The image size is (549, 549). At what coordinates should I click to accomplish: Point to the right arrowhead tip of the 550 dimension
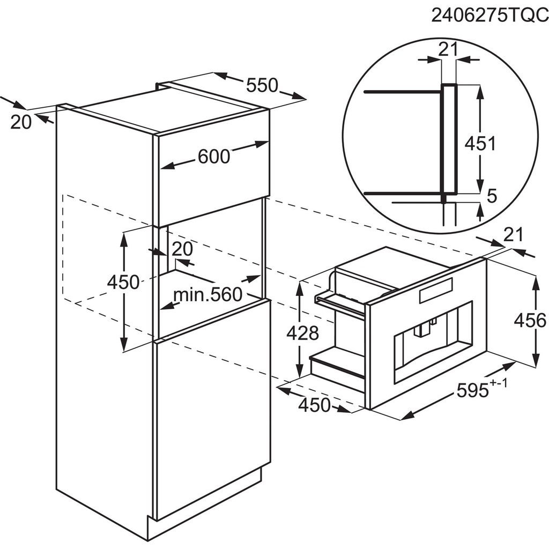click(306, 99)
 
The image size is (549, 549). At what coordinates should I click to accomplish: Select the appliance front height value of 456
click(530, 321)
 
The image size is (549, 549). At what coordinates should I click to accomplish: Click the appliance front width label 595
click(473, 390)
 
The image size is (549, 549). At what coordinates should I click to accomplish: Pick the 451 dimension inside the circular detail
click(480, 143)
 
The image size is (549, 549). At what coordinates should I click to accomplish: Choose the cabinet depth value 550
click(262, 85)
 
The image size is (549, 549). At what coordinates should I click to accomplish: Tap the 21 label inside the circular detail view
click(449, 49)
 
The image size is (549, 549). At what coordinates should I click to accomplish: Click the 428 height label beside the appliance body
click(302, 333)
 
